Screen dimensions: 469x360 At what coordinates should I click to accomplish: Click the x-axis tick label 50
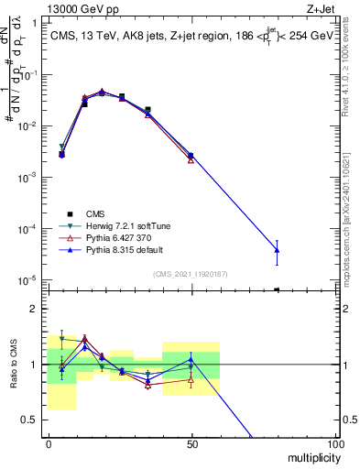coord(191,443)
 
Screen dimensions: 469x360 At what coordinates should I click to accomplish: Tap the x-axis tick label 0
coord(49,443)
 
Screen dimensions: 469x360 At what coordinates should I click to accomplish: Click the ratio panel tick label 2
coord(35,309)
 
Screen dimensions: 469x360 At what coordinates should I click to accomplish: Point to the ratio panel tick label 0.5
coord(31,420)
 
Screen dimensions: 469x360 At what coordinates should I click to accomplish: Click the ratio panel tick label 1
coord(35,365)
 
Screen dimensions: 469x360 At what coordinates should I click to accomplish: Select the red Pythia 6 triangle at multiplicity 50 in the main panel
coord(191,159)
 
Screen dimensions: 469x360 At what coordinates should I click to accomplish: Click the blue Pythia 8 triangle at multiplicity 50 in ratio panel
coord(191,358)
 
